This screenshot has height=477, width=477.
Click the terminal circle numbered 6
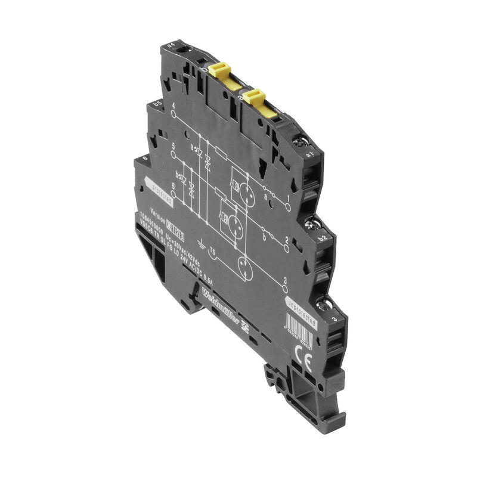pyautogui.click(x=174, y=193)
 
